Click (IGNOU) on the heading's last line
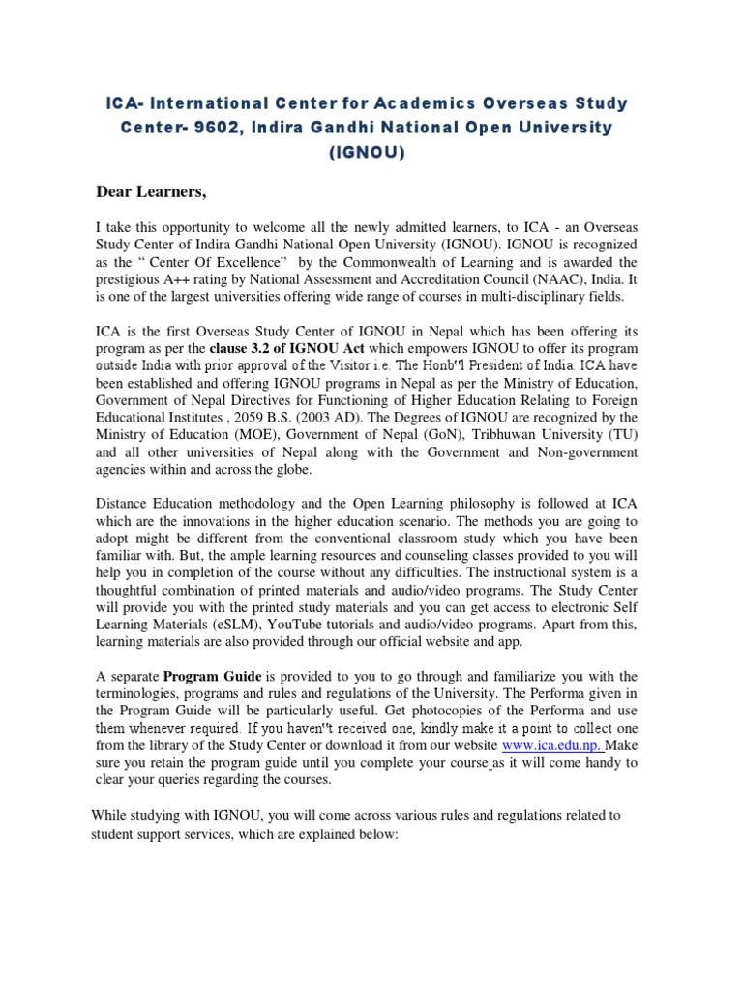click(x=371, y=153)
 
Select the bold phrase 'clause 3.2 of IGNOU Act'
click(x=291, y=346)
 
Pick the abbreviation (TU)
click(x=619, y=434)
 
